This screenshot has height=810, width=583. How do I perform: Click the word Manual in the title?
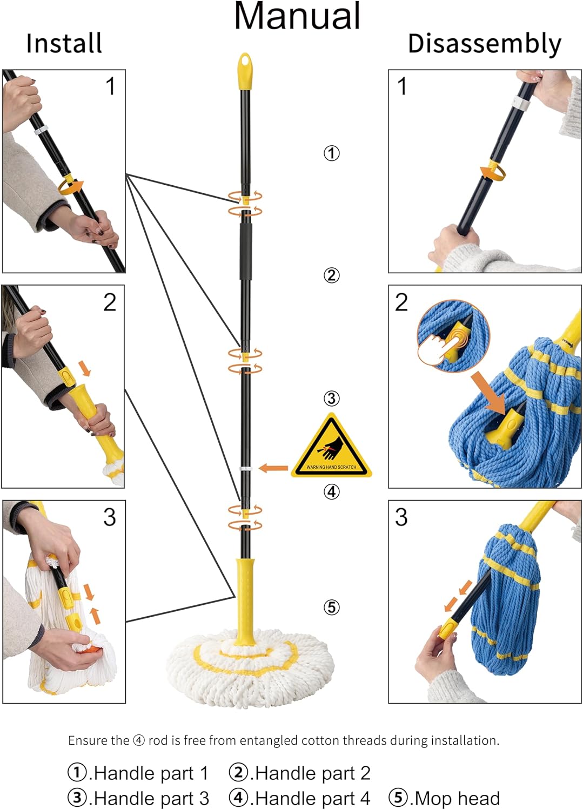click(x=297, y=16)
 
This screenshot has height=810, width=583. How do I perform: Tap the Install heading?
click(x=64, y=43)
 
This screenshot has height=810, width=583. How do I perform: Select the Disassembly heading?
click(x=485, y=44)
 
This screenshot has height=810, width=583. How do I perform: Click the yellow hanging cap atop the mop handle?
click(x=245, y=71)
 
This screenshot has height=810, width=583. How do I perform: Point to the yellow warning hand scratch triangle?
click(x=331, y=446)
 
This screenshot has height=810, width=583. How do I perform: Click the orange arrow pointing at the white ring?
click(x=273, y=468)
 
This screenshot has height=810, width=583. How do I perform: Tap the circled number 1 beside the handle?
click(x=331, y=153)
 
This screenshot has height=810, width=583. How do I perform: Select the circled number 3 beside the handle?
click(x=331, y=399)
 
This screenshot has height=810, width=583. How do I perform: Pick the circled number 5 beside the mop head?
click(x=331, y=607)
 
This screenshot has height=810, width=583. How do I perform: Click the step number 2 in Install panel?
click(x=110, y=302)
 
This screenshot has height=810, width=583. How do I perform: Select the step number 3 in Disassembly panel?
click(x=401, y=517)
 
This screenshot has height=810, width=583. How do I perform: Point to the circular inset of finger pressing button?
click(x=453, y=336)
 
